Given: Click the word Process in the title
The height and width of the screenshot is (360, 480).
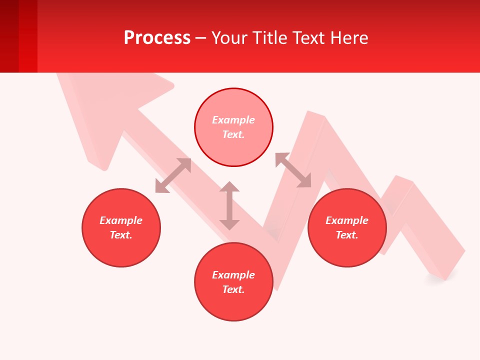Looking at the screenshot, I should click(x=157, y=38).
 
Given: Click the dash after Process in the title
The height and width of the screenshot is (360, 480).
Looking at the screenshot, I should click(x=201, y=38).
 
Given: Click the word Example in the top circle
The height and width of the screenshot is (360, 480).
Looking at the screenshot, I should click(x=233, y=120).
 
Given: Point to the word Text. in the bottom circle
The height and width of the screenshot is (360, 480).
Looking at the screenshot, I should click(x=233, y=289).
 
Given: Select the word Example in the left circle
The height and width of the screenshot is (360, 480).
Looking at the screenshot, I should click(x=121, y=220).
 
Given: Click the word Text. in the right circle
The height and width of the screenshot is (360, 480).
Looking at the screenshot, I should click(x=347, y=235).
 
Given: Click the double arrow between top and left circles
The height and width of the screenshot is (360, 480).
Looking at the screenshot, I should click(x=173, y=175).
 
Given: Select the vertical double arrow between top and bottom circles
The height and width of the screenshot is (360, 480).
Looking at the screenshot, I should click(x=229, y=206).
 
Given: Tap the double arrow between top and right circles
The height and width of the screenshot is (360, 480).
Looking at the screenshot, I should click(x=293, y=170).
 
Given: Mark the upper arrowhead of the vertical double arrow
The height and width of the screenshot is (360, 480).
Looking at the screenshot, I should click(x=229, y=187).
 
